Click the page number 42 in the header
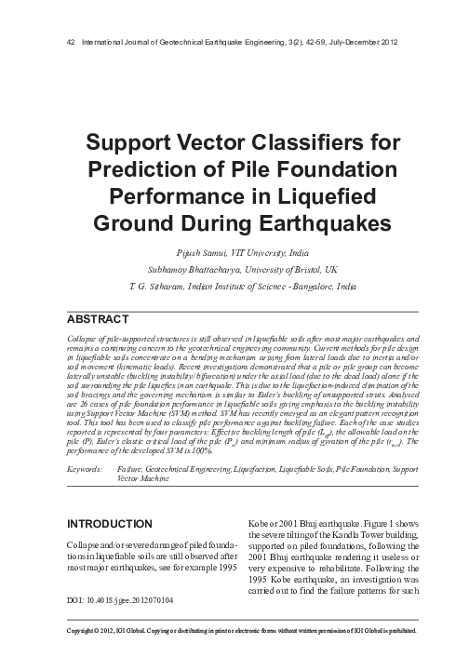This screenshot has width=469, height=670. (61, 44)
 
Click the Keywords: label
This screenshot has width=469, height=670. (86, 473)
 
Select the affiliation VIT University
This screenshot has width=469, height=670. (278, 253)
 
